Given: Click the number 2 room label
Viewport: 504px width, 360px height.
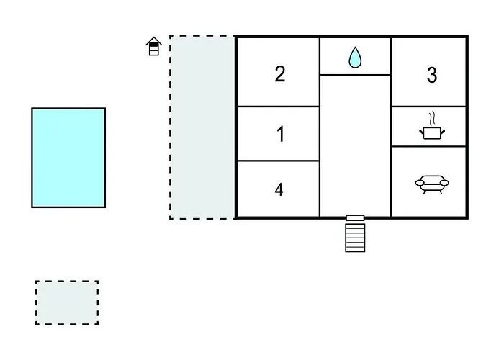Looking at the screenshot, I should pyautogui.click(x=280, y=73).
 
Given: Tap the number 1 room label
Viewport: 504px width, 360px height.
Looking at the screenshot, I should pyautogui.click(x=281, y=135).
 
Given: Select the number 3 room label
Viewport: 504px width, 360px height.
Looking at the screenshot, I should pyautogui.click(x=432, y=75).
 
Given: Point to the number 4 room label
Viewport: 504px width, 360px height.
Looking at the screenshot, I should pyautogui.click(x=279, y=189).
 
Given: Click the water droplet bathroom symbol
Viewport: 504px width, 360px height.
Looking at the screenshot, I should pyautogui.click(x=355, y=58).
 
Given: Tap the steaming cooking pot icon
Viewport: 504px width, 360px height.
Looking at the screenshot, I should pyautogui.click(x=431, y=131).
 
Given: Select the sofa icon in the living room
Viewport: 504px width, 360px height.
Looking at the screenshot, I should pyautogui.click(x=431, y=184).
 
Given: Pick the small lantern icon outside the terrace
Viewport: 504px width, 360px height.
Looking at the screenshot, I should pyautogui.click(x=153, y=48).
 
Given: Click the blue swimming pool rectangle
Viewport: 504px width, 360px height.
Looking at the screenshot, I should pyautogui.click(x=68, y=158).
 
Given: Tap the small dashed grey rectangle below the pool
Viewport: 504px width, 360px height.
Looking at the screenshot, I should pyautogui.click(x=67, y=302).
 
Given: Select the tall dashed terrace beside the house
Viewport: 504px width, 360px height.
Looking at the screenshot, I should pyautogui.click(x=202, y=127).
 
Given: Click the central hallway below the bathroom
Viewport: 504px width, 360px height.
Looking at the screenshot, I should pyautogui.click(x=355, y=144).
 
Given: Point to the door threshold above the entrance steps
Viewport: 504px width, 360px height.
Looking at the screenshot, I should pyautogui.click(x=355, y=217).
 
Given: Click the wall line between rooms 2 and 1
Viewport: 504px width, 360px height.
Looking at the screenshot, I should pyautogui.click(x=278, y=107).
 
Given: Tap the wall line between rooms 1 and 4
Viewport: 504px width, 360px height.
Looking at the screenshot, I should pyautogui.click(x=278, y=161).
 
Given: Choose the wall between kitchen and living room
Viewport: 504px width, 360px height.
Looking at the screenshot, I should pyautogui.click(x=428, y=147).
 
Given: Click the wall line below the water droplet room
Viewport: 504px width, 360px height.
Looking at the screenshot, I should pyautogui.click(x=355, y=75).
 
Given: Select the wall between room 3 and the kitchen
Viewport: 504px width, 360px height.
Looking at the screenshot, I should pyautogui.click(x=428, y=107).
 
